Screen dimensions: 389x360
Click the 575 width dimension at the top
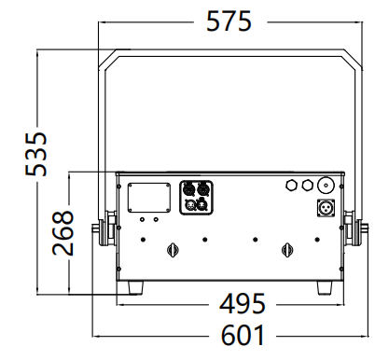(x=229, y=21)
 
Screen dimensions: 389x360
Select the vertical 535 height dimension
(x=36, y=154)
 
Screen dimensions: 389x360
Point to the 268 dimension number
(x=63, y=233)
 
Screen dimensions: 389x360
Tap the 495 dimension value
(x=243, y=303)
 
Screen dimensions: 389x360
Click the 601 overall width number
(x=243, y=335)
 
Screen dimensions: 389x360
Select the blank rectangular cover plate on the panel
(x=149, y=198)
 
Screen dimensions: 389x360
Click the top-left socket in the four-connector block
(x=188, y=189)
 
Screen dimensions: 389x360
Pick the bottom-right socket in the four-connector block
(x=202, y=204)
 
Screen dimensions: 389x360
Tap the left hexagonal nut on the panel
(x=291, y=185)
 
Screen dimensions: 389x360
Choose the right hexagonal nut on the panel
(x=307, y=185)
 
